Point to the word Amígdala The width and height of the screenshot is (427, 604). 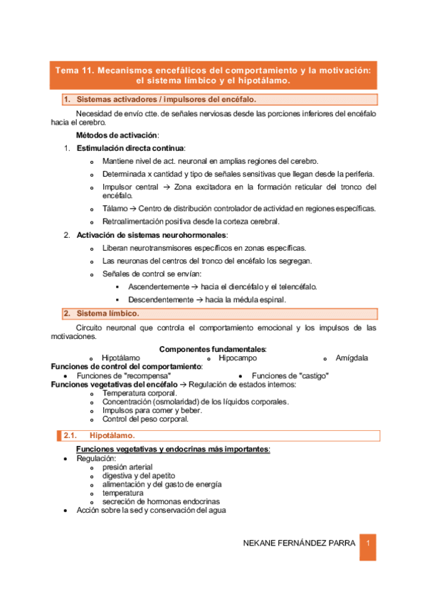[351, 358]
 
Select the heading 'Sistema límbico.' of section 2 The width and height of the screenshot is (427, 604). [108, 313]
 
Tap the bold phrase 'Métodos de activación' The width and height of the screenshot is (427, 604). [117, 135]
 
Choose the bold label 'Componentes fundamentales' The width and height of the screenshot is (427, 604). [212, 349]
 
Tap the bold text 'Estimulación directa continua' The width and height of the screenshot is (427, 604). [130, 148]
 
